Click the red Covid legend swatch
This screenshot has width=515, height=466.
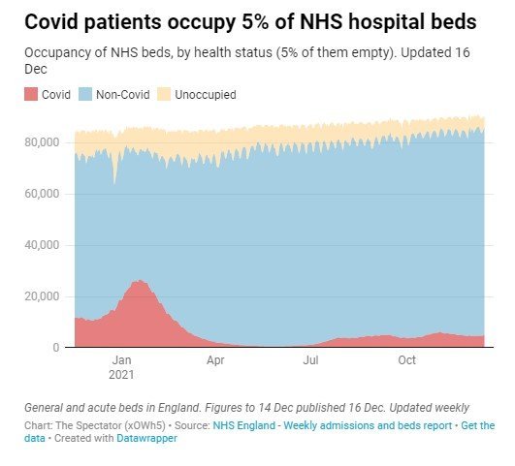coord(31,95)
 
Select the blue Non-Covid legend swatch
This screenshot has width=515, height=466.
coord(85,95)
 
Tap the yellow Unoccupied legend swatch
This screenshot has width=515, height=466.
coord(164,95)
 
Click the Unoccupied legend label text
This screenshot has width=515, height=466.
coord(206,95)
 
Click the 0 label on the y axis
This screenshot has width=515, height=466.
coord(56,348)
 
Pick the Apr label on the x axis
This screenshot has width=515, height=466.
coord(215,360)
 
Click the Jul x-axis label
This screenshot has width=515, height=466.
coord(310,360)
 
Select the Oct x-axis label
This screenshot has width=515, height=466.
coord(407,360)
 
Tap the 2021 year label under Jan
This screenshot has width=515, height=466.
coord(121,375)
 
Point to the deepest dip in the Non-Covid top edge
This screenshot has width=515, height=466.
coord(114,184)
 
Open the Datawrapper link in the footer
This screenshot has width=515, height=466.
coord(146,438)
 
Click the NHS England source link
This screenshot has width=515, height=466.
coord(244,425)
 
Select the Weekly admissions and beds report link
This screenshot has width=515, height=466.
coord(368,425)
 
